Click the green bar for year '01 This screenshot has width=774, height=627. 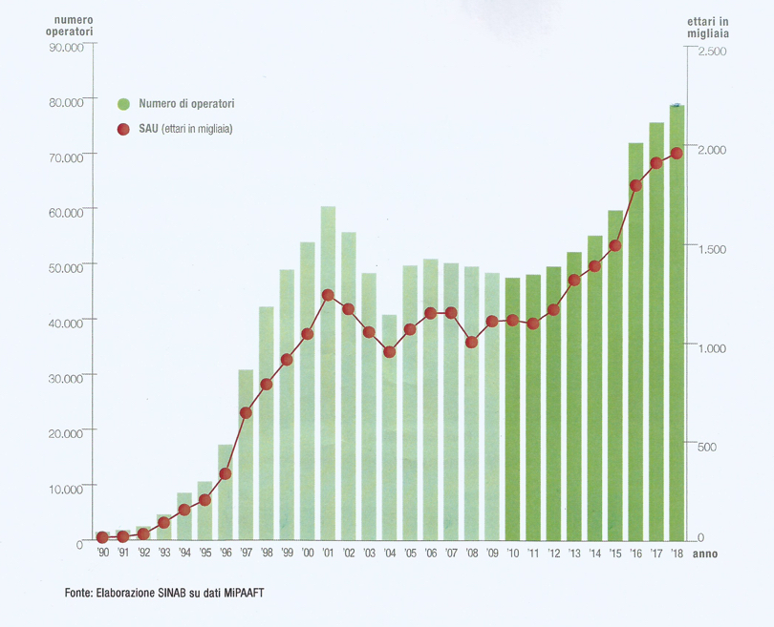tap(328, 372)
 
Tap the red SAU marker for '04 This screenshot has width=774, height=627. tap(389, 352)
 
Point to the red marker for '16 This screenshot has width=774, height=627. tap(635, 186)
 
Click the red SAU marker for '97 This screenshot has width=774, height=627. tap(246, 413)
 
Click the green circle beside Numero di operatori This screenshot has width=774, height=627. tap(123, 103)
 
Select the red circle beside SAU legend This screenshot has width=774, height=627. tap(123, 129)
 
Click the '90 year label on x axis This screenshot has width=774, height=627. tap(102, 554)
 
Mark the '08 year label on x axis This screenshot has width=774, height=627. tap(471, 554)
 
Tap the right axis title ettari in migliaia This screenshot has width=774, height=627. tap(709, 28)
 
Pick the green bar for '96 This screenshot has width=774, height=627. tap(226, 491)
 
